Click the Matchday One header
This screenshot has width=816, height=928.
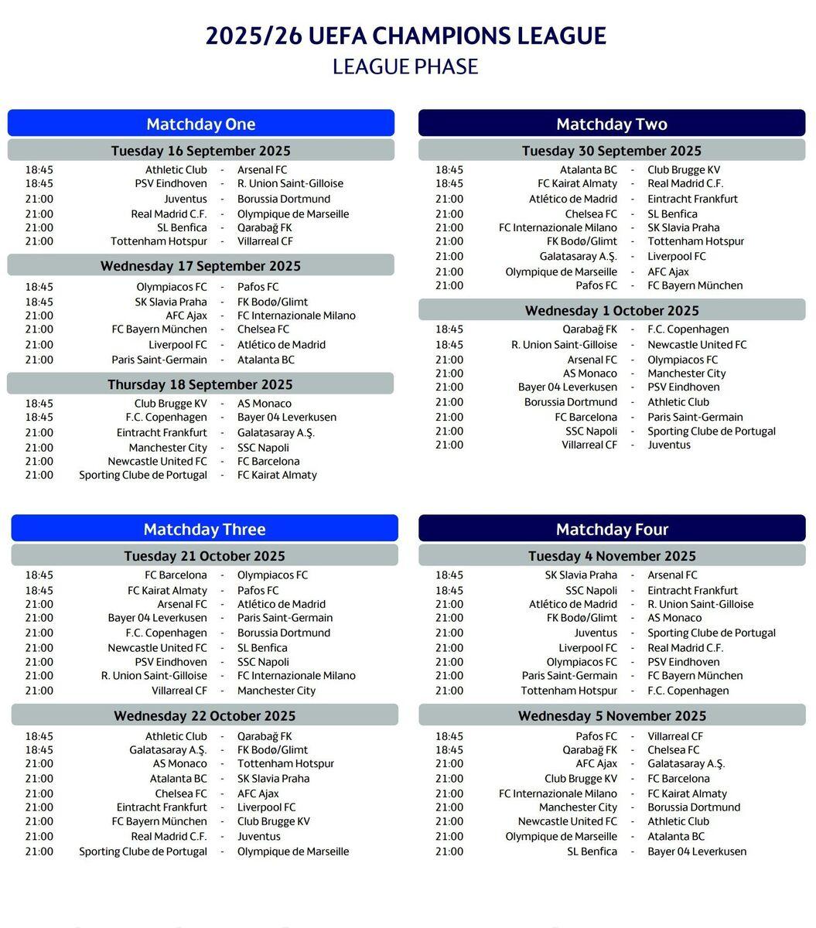[x=200, y=124]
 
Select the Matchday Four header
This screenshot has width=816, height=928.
[x=612, y=529]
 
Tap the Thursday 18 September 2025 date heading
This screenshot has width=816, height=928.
[x=200, y=384]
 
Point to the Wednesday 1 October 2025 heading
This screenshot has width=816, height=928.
[x=612, y=310]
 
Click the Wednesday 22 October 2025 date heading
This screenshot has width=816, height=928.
[x=204, y=715]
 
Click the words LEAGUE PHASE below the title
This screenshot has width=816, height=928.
[x=405, y=67]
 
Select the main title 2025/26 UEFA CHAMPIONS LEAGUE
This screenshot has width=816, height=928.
[x=405, y=36]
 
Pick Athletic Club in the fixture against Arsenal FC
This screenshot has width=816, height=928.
[x=176, y=169]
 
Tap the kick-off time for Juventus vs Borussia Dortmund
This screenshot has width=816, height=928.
[x=39, y=199]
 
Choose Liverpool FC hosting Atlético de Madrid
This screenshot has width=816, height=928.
[x=178, y=344]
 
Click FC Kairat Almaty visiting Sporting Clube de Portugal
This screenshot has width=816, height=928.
[x=277, y=475]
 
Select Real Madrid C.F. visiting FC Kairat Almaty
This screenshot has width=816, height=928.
[x=685, y=183]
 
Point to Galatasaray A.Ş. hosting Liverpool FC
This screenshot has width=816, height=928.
[x=579, y=256]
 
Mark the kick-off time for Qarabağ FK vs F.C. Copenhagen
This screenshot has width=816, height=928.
[x=449, y=329]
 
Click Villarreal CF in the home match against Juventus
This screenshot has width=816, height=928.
[x=589, y=445]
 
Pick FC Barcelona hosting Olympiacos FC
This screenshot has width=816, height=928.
[x=176, y=575]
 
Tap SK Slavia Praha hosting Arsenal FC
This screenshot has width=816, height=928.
[x=581, y=575]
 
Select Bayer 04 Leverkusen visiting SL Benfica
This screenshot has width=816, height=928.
[x=697, y=851]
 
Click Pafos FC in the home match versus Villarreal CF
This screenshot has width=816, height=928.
[x=596, y=736]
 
